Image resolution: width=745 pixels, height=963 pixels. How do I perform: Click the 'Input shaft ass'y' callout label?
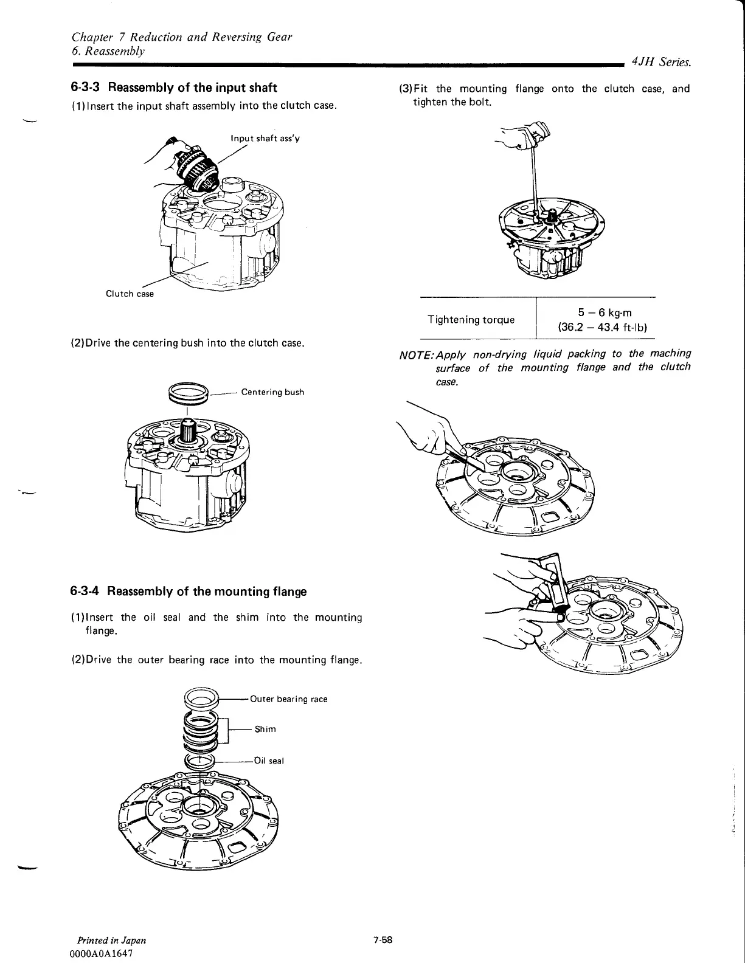[x=265, y=138]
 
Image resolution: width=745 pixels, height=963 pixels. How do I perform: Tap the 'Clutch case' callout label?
[x=130, y=294]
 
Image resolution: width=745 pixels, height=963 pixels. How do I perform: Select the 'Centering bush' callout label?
[x=272, y=392]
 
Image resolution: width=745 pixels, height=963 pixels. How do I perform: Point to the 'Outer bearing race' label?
[x=289, y=699]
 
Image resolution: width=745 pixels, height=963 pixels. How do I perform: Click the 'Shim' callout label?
[x=265, y=729]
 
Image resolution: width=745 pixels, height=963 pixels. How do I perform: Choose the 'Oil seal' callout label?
[x=269, y=761]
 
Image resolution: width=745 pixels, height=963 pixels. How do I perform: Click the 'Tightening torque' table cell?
[x=471, y=320]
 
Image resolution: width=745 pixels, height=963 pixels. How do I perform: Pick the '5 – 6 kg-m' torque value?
[x=605, y=312]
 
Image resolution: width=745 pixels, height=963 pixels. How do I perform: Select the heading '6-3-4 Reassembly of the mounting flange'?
[x=189, y=592]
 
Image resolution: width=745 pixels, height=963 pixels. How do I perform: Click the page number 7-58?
[x=384, y=939]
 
